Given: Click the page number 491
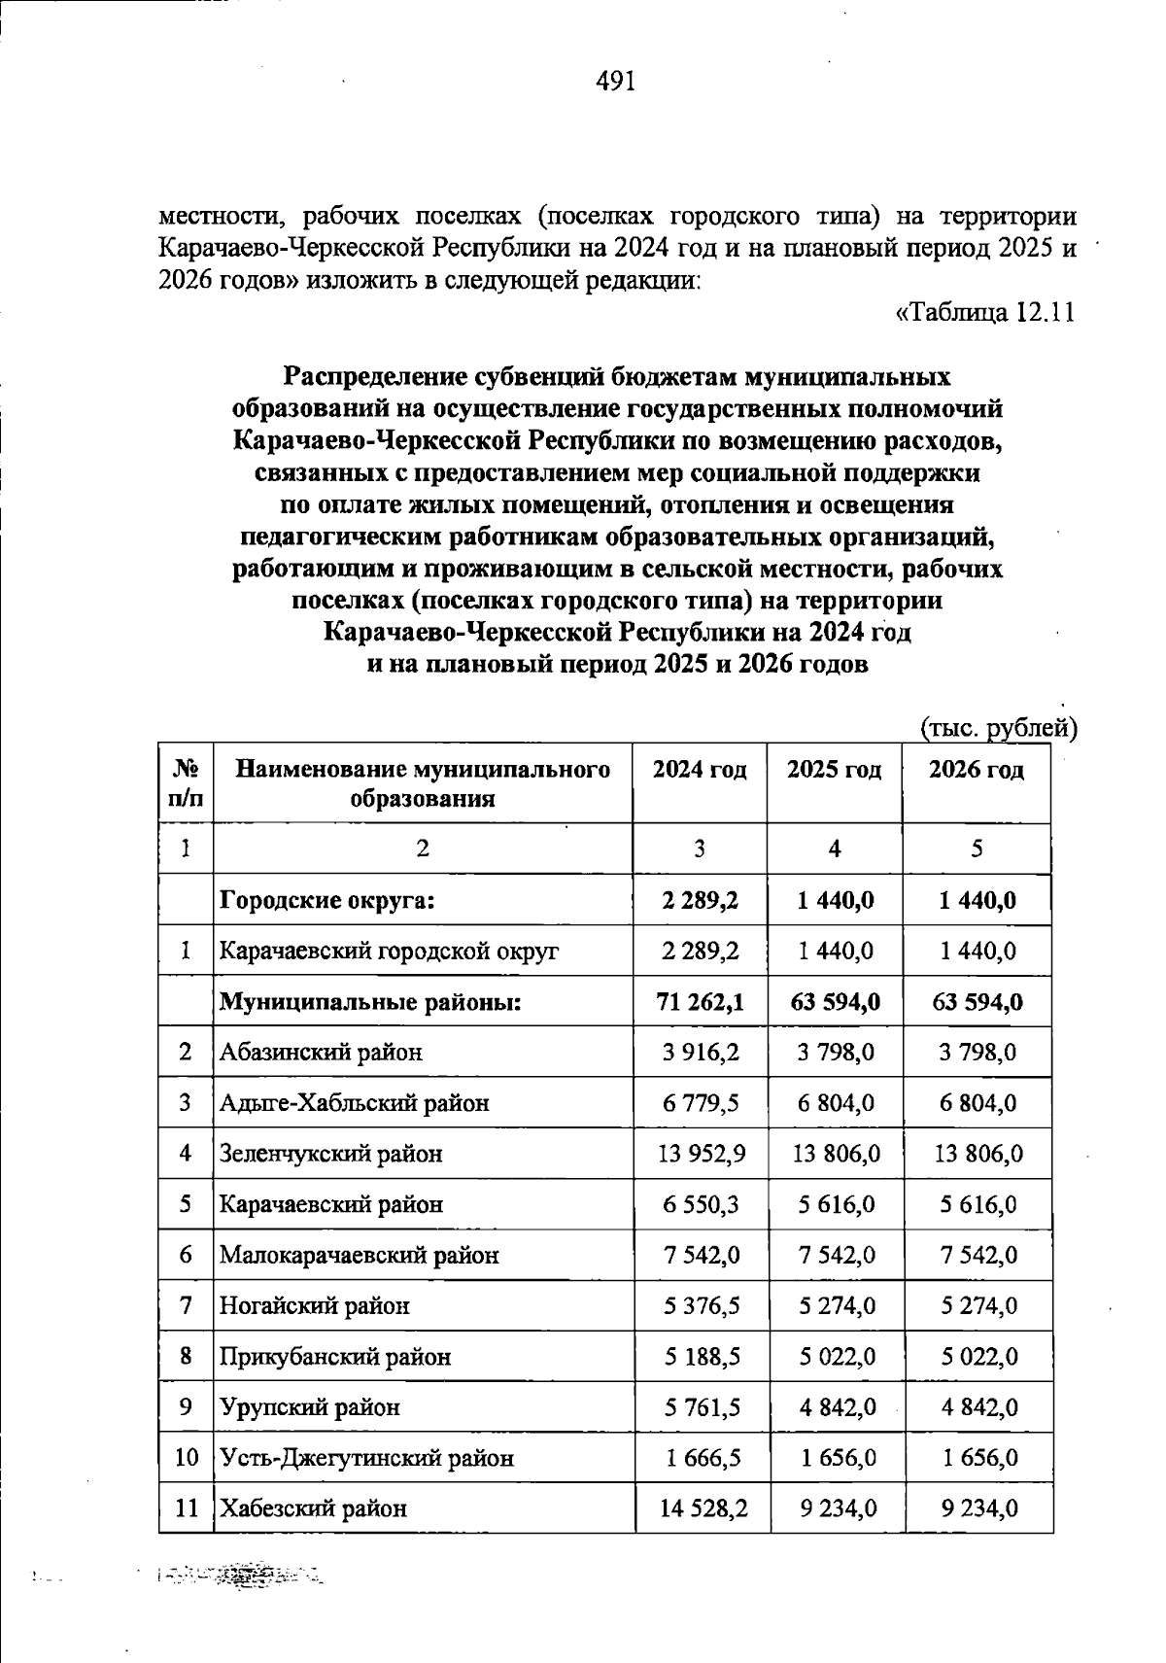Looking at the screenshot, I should coord(615,82).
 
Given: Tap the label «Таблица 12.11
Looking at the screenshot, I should coord(983,314).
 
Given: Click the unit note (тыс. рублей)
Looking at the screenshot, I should coord(998,728).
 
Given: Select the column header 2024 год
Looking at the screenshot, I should coord(700,771).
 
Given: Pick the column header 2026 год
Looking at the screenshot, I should coord(977,771).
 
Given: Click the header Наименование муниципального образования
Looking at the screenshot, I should coord(423,784).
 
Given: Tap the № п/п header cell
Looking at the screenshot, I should coord(186,784).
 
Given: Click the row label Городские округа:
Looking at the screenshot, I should coord(326,900).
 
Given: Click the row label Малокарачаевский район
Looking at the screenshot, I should coord(359,1255).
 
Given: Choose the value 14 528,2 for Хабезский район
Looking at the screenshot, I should coord(702,1508).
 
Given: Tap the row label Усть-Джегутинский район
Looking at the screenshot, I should coord(366,1458).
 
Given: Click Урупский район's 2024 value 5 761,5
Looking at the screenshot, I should coord(702,1407).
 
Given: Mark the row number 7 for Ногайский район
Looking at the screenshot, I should coord(186,1305).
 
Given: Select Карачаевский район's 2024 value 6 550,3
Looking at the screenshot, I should coord(702,1204).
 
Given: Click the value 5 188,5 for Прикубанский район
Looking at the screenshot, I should coord(702,1357).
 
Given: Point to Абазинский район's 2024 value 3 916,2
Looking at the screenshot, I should coord(702,1053).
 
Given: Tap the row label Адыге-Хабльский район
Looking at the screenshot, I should coord(354,1103).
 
